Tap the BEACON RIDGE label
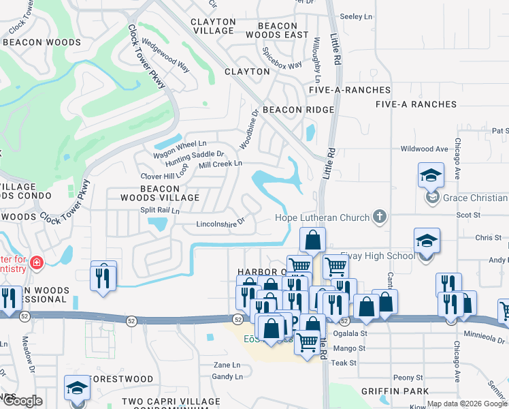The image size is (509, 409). [x=298, y=110]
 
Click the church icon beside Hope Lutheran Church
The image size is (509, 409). [x=380, y=217]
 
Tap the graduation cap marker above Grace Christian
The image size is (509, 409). [x=431, y=176]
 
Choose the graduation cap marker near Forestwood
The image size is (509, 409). [x=77, y=388]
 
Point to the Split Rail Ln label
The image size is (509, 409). [x=159, y=211]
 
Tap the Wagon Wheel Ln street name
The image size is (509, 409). [x=180, y=144]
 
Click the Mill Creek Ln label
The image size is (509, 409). [x=220, y=164]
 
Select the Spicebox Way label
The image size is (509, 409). [x=282, y=65]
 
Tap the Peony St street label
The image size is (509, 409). [x=408, y=377]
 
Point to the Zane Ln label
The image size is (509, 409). [x=227, y=365]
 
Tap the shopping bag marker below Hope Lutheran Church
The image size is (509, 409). [x=312, y=240]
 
